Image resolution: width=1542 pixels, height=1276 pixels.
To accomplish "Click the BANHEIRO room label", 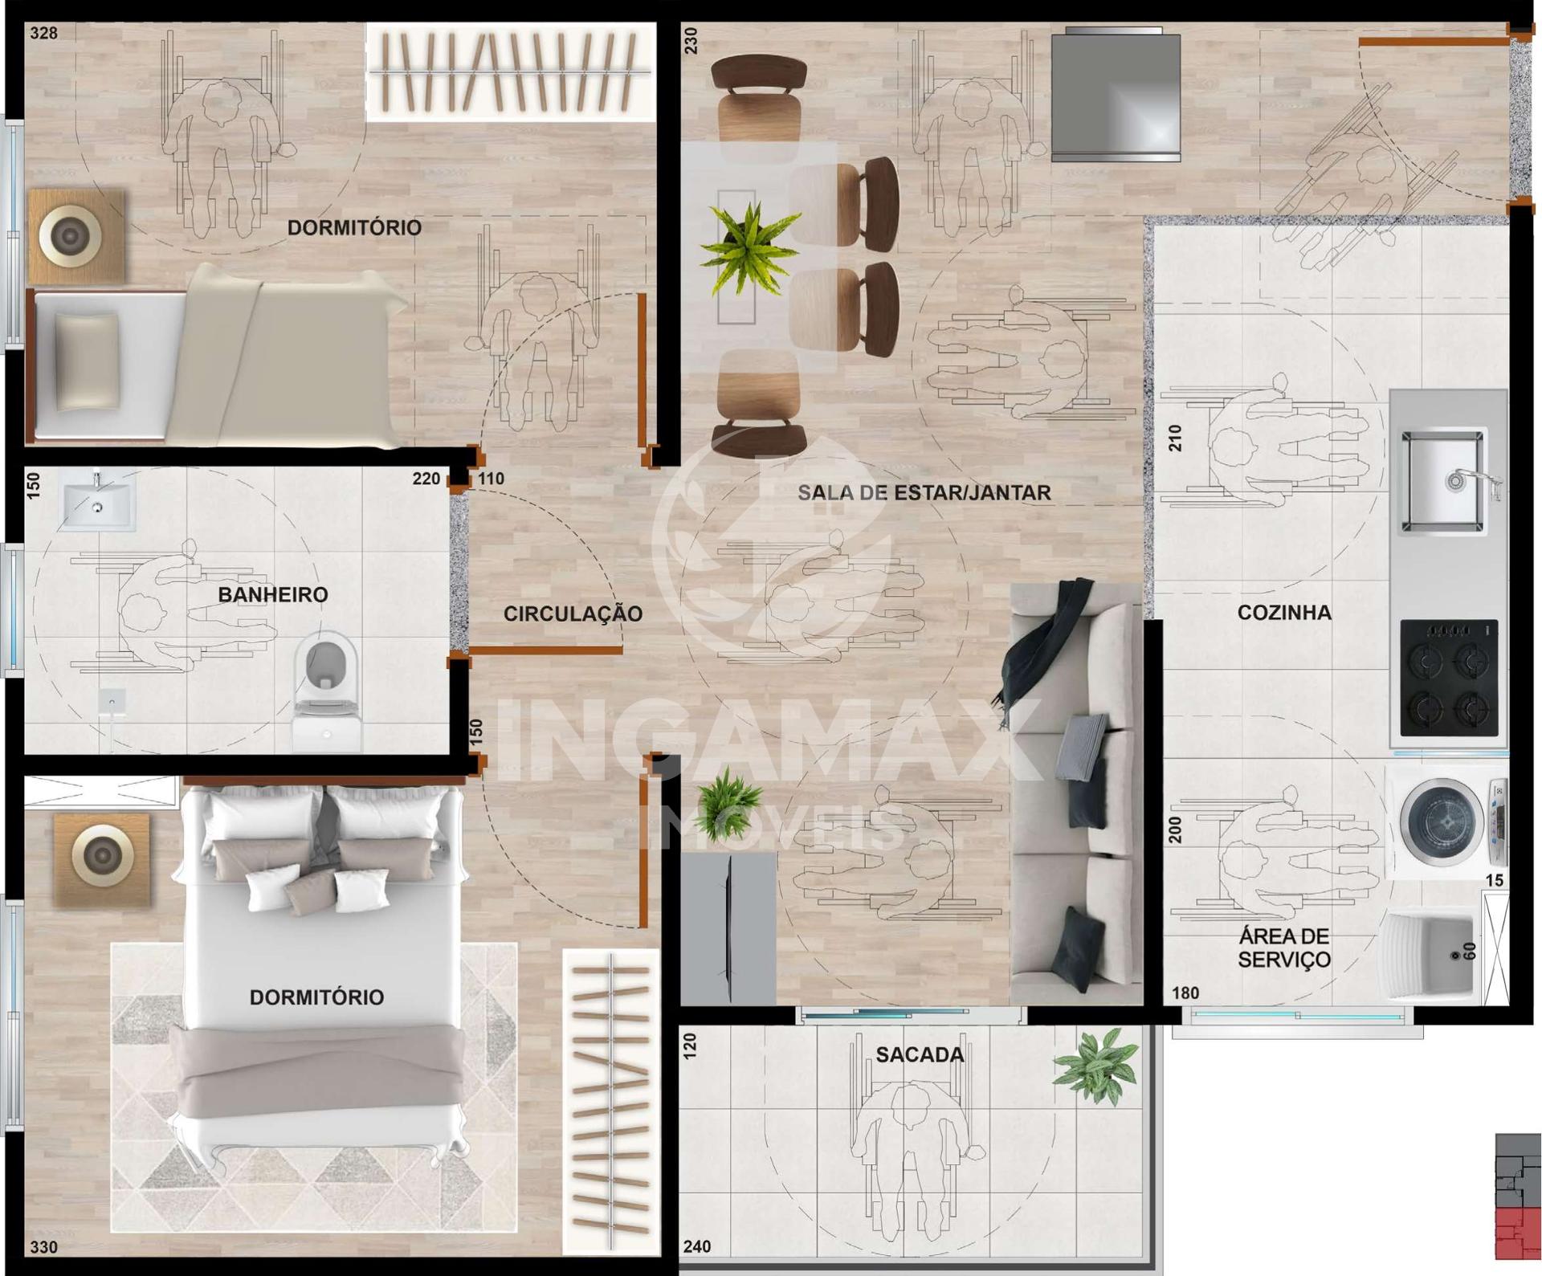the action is click(273, 595).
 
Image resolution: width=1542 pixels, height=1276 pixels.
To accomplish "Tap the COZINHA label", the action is click(1284, 613).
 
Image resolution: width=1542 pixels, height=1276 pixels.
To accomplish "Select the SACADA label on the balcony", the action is click(920, 1054).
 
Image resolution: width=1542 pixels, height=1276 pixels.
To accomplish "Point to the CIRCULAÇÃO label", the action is click(573, 614).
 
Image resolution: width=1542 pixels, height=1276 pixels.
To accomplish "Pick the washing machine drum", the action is click(1442, 821).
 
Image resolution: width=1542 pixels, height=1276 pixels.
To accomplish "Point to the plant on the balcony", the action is click(1096, 1066).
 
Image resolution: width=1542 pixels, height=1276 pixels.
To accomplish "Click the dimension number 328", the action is click(43, 33).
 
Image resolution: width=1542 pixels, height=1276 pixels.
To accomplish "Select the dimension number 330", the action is click(43, 1247).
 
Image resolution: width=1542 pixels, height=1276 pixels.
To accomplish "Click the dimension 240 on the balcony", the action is click(697, 1246).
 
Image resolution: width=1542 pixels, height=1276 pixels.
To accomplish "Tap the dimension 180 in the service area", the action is click(1185, 993).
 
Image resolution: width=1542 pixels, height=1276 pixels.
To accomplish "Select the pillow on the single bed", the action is click(87, 361).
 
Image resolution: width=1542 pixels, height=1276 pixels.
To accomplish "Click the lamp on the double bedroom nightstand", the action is click(102, 856).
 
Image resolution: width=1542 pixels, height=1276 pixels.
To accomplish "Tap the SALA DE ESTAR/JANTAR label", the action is click(924, 493).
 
